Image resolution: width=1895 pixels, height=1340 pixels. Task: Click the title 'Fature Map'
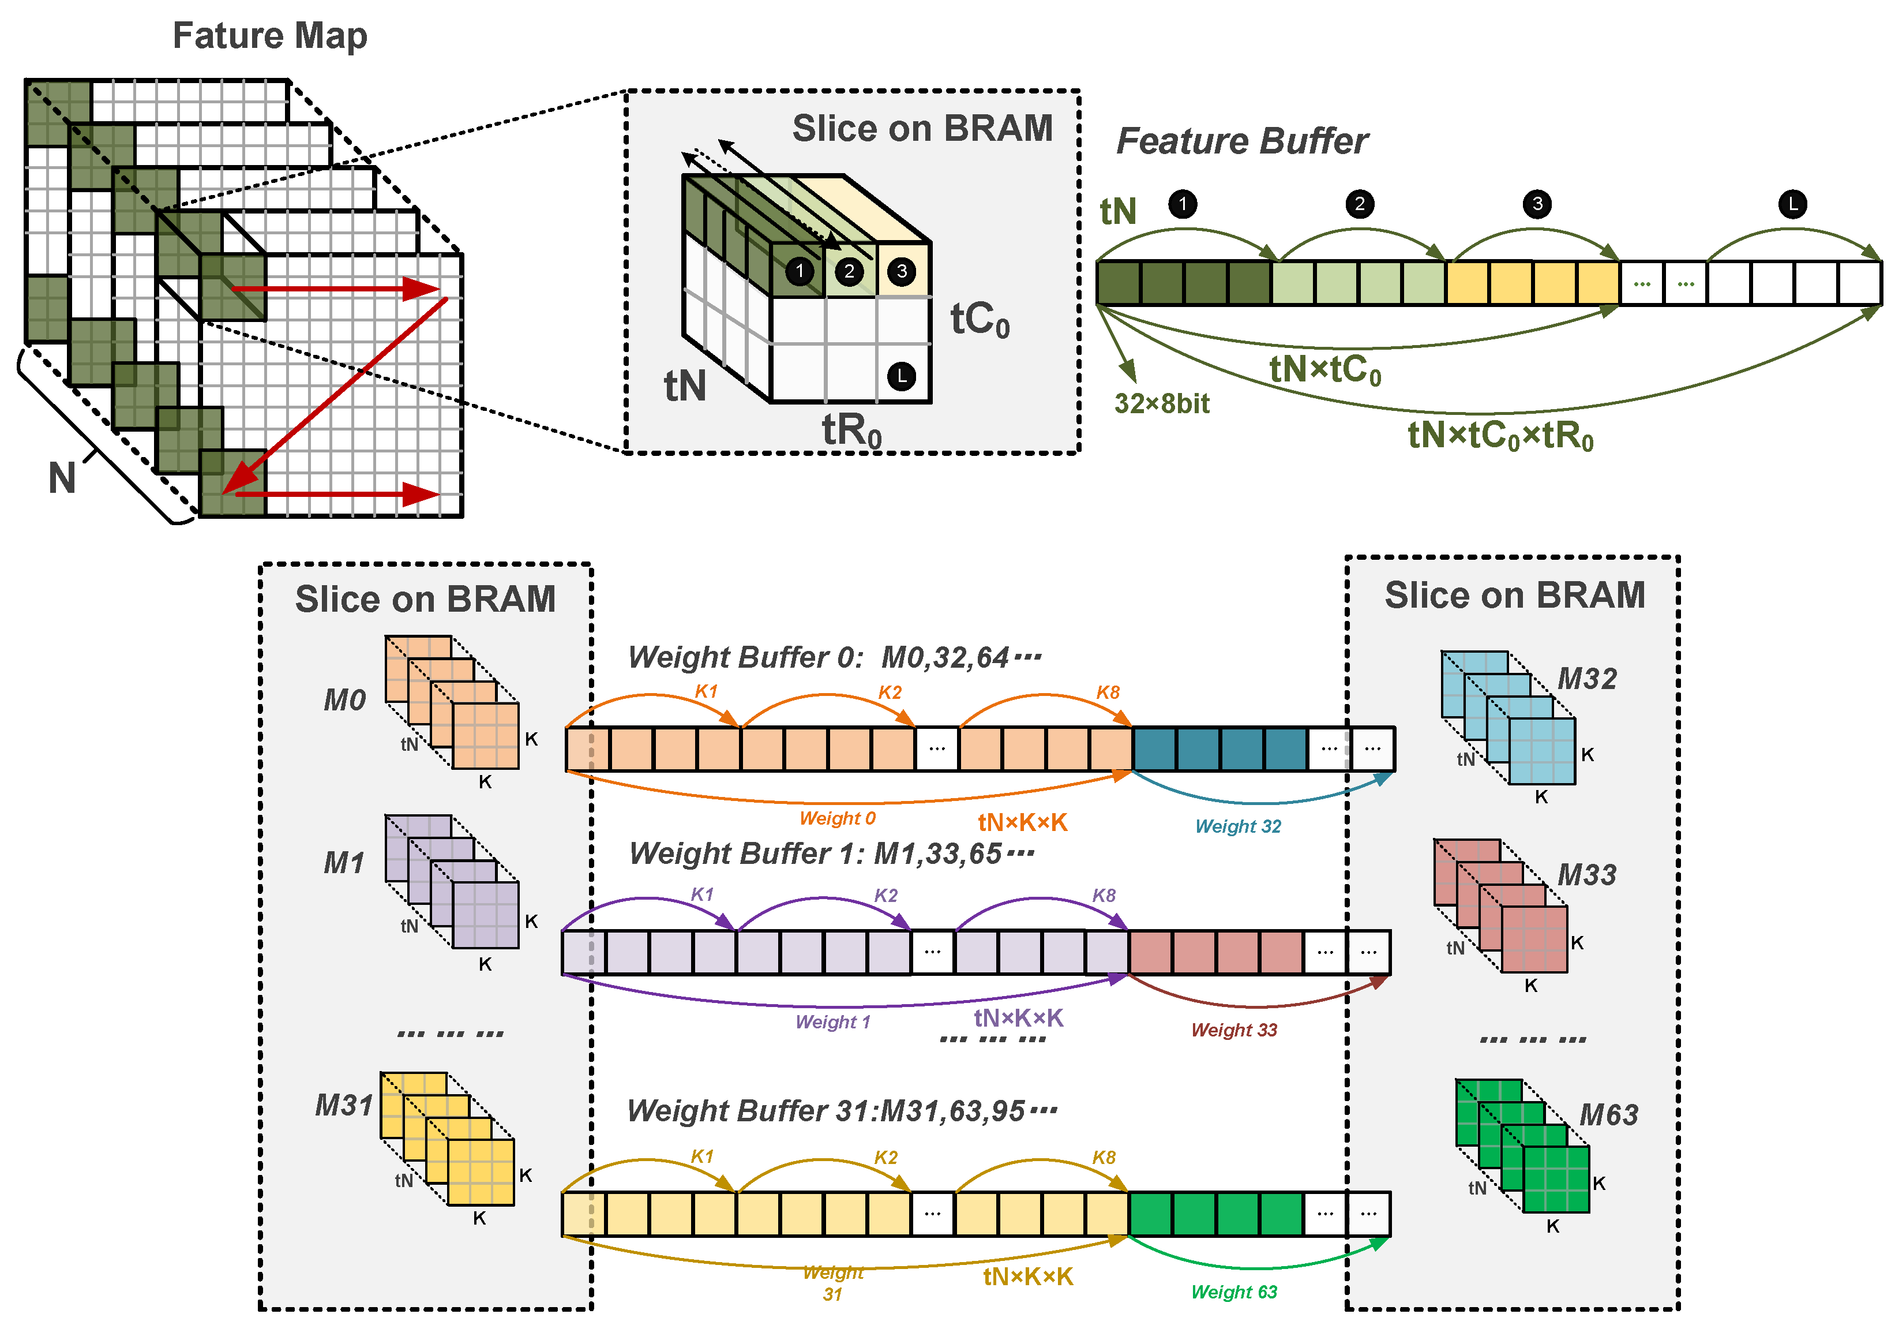coord(270,36)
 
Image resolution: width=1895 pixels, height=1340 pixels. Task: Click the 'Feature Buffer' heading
coord(1241,141)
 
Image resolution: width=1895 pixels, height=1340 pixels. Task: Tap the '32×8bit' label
coord(1161,404)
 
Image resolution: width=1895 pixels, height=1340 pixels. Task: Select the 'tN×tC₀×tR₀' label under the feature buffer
coord(1500,435)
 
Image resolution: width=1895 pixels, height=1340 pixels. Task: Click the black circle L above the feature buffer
coord(1792,204)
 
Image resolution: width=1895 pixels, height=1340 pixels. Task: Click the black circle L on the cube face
coord(901,376)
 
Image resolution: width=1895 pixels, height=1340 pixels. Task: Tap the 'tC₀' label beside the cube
coord(980,320)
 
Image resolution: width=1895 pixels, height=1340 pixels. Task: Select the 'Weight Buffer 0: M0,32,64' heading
coord(834,658)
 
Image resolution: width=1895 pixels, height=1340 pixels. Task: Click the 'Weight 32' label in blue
coord(1237,826)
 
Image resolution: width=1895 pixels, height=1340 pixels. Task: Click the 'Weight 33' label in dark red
coord(1233,1030)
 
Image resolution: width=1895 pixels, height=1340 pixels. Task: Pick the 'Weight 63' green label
coord(1233,1292)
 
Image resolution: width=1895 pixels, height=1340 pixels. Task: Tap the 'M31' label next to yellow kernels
coord(343,1105)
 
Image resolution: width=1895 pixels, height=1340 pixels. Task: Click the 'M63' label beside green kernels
coord(1608,1116)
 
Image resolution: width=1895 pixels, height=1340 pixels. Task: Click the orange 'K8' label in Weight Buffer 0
coord(1108,693)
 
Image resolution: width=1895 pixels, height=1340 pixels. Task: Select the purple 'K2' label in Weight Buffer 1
coord(885,896)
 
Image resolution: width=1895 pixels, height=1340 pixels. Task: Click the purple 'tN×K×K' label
coord(1019,1018)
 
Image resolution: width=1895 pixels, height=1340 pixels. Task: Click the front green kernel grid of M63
coord(1556,1179)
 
